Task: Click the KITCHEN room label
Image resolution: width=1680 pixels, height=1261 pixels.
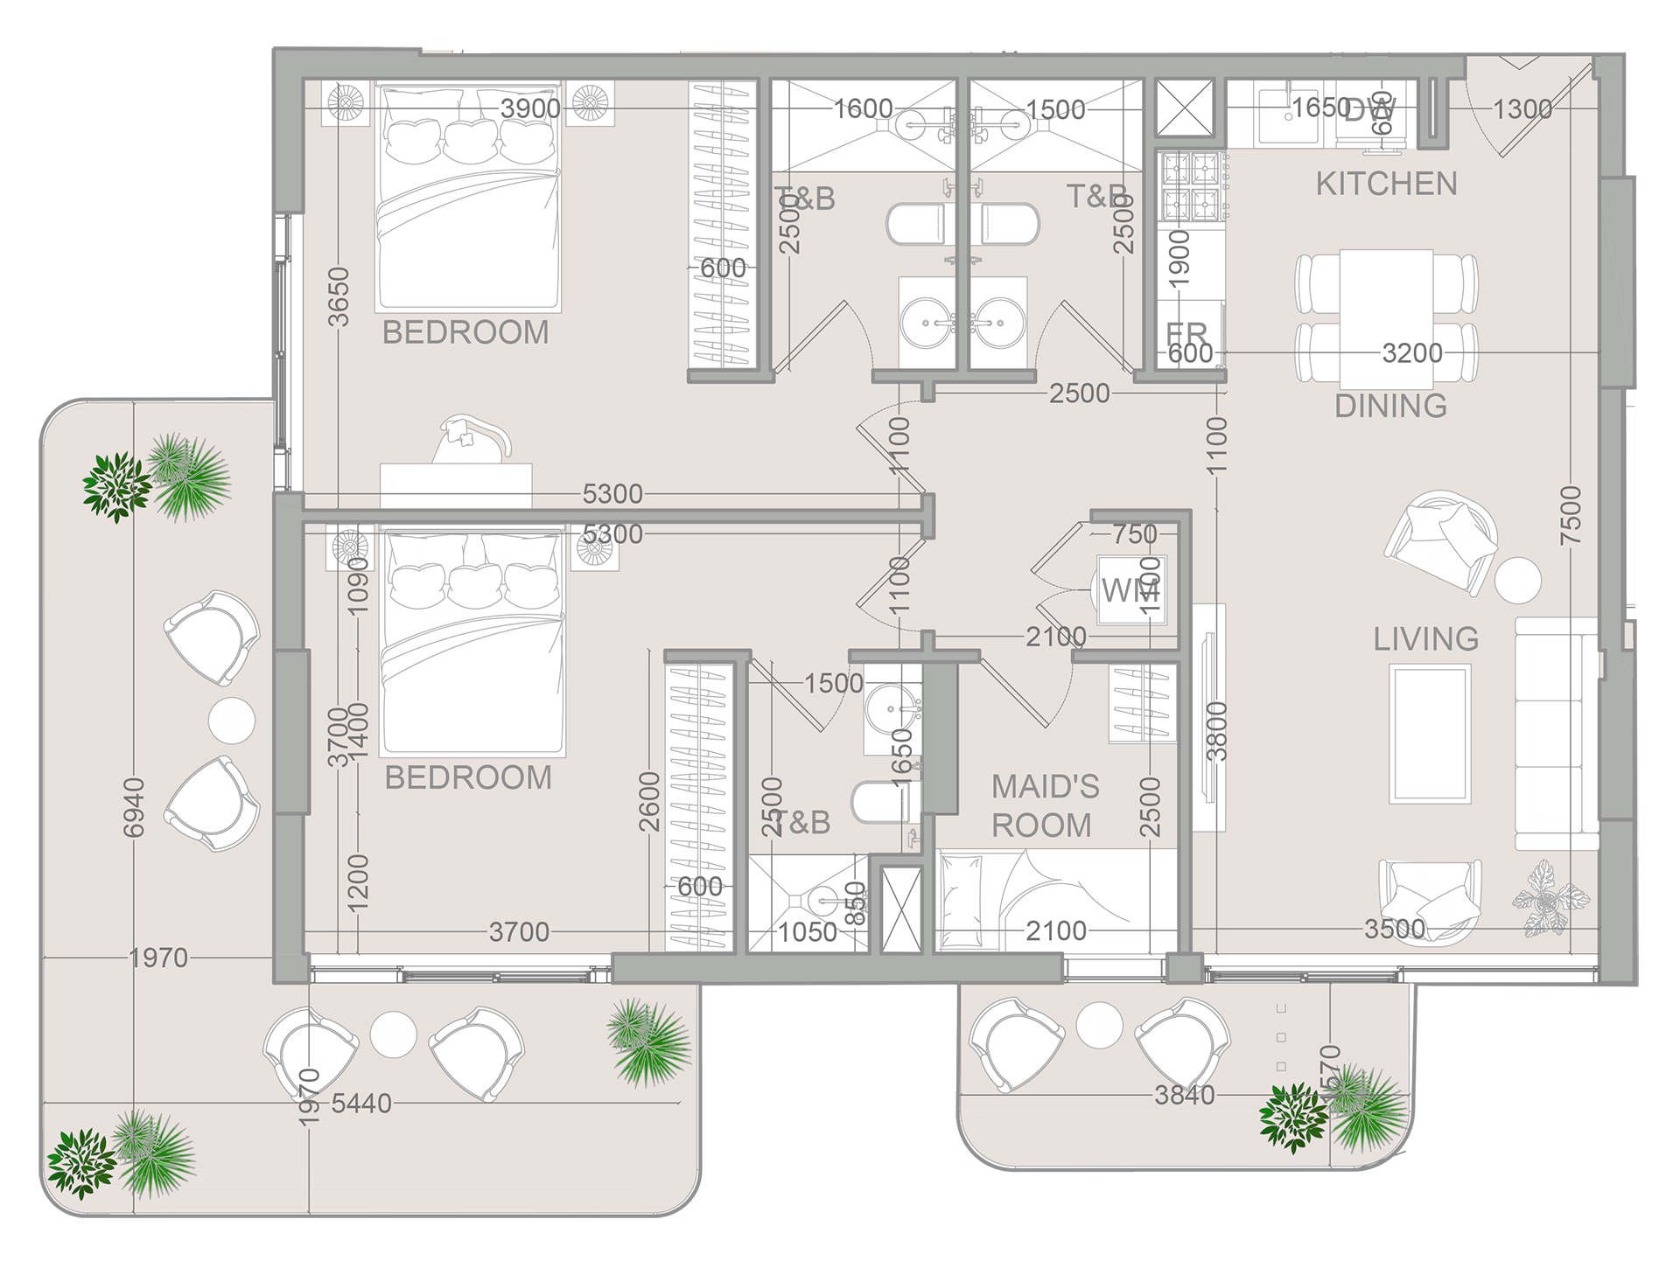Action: click(x=1386, y=185)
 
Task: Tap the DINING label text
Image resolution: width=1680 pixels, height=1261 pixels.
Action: click(x=1390, y=407)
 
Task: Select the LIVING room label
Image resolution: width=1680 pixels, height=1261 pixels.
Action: click(x=1425, y=639)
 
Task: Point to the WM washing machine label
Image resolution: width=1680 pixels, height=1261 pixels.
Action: click(x=1128, y=591)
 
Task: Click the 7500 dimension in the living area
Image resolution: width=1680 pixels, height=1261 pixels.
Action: click(x=1571, y=516)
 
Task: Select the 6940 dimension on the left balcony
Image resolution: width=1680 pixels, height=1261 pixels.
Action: click(x=133, y=807)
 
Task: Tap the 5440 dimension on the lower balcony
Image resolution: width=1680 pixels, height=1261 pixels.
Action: click(x=360, y=1104)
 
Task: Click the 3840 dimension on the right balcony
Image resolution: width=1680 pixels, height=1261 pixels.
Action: click(x=1184, y=1095)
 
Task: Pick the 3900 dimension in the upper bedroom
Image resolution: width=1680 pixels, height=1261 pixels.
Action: click(x=530, y=108)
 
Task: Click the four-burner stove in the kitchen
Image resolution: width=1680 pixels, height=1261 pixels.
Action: click(x=1191, y=186)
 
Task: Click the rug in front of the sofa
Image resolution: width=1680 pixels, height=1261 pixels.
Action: click(x=1430, y=734)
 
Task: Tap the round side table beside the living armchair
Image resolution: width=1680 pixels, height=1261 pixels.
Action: click(x=1518, y=579)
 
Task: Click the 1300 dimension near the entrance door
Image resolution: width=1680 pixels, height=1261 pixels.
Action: click(x=1522, y=109)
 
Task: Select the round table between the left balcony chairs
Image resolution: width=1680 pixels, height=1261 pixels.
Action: click(x=232, y=721)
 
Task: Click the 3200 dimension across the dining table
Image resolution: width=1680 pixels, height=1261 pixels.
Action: click(x=1411, y=353)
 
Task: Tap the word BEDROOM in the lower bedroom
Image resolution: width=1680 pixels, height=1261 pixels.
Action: click(x=468, y=777)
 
